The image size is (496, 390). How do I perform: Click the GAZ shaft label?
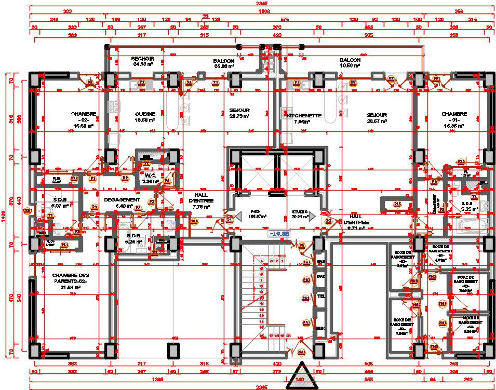point(321,276)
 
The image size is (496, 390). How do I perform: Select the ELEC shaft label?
point(321,328)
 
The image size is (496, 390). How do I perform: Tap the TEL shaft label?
point(321,297)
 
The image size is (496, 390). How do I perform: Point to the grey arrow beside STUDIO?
point(312,217)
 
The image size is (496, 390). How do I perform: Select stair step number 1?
point(283,260)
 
